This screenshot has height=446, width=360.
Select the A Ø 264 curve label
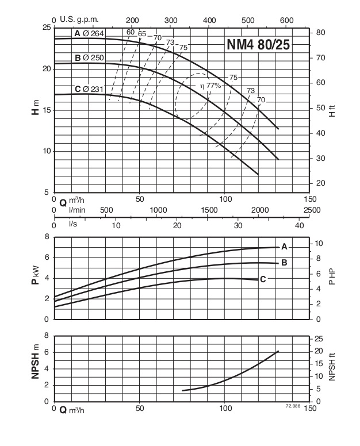point(89,34)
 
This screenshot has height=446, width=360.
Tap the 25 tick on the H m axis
point(47,28)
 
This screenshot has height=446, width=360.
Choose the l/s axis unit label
point(73,222)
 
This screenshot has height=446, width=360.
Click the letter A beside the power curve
point(284,247)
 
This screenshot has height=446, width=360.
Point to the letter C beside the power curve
point(263,279)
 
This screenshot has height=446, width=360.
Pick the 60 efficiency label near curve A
point(131,32)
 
